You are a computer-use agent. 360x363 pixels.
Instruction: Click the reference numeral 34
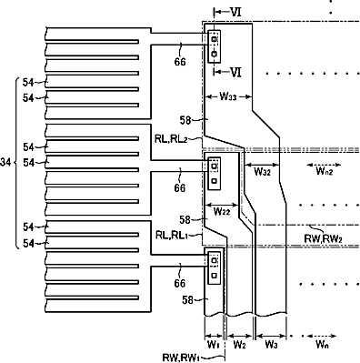5,163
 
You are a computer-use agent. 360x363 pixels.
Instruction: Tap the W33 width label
228,96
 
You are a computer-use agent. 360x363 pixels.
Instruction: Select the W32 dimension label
262,172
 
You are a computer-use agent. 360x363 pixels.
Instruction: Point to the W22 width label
222,211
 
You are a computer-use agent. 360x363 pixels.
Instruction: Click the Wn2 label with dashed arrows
325,172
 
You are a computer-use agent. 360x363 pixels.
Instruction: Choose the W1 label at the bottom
214,345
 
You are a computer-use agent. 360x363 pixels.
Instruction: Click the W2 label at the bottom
239,345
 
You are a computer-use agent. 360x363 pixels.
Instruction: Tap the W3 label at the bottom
271,345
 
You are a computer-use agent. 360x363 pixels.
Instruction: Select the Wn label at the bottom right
322,345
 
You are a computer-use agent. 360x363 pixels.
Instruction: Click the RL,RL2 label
171,139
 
